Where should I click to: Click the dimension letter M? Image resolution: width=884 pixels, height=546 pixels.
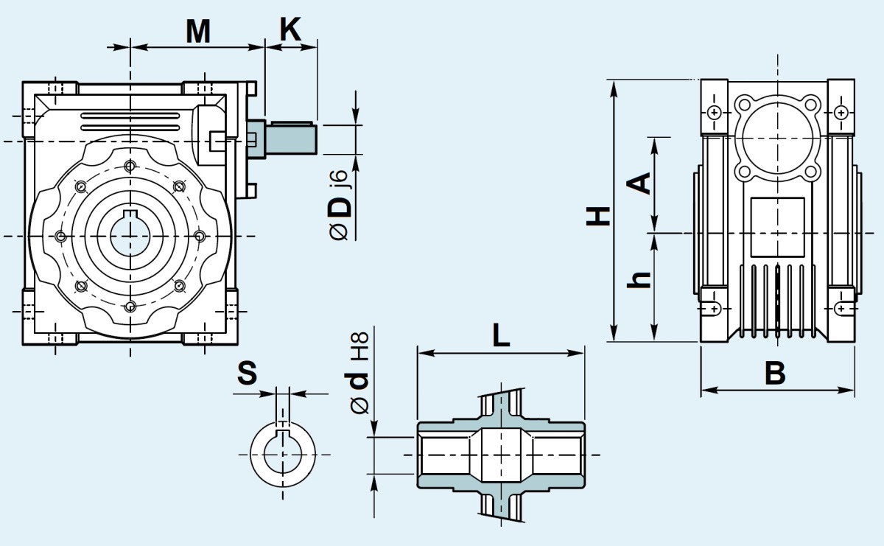click(x=198, y=31)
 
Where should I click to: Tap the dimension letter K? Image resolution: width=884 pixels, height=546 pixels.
click(x=290, y=29)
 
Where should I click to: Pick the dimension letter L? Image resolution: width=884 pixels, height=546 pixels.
click(x=501, y=337)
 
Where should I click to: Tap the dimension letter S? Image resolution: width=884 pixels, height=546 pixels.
click(x=248, y=374)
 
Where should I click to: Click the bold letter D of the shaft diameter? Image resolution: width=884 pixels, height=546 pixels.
click(x=340, y=206)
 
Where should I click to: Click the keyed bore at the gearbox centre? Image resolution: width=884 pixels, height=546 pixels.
click(x=130, y=235)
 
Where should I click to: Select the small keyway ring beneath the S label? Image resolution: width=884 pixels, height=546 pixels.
click(x=282, y=452)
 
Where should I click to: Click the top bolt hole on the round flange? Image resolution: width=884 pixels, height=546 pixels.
click(x=130, y=164)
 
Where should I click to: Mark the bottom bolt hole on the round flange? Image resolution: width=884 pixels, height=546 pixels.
click(x=130, y=307)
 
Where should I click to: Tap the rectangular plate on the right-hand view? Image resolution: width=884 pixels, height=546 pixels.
click(x=777, y=226)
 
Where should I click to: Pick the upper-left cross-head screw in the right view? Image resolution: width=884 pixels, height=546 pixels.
click(x=715, y=113)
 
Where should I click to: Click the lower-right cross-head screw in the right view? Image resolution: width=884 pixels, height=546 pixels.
click(x=841, y=309)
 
